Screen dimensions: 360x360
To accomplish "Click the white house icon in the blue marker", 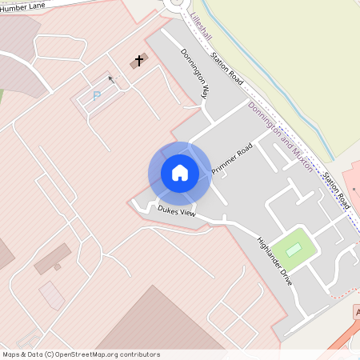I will [179, 173].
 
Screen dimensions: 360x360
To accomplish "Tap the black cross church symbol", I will [138, 61].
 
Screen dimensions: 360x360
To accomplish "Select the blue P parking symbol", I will [98, 96].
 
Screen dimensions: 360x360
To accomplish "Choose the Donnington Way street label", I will [194, 73].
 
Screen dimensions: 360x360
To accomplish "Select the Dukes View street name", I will [176, 211].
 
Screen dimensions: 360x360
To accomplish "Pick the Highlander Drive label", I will [274, 262].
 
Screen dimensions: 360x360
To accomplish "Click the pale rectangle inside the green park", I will [294, 250].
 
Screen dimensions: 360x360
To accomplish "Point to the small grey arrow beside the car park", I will [111, 79].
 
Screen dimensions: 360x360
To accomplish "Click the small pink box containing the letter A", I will [358, 311].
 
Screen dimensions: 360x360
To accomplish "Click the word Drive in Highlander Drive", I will [285, 276].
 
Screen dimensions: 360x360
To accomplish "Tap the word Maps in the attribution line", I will [11, 354].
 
